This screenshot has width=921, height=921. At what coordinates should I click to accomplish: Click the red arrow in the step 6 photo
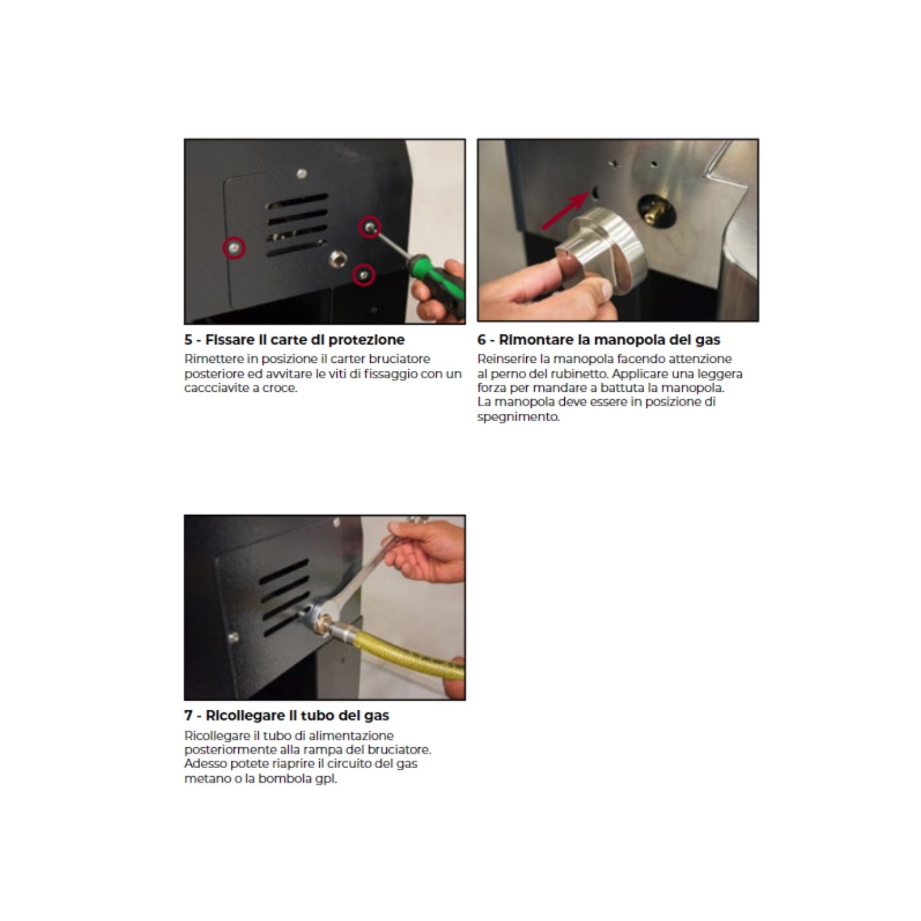click(x=565, y=211)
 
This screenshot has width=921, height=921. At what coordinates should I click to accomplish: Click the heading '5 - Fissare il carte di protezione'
click(x=295, y=340)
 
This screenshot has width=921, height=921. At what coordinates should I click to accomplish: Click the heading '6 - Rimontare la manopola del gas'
click(x=599, y=340)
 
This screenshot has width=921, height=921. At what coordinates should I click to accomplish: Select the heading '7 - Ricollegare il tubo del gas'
click(x=287, y=715)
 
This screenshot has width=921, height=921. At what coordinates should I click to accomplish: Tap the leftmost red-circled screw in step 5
click(x=233, y=247)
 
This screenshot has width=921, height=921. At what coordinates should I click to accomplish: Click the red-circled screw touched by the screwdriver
click(x=370, y=227)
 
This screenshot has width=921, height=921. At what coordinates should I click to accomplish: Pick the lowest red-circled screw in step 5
click(x=364, y=274)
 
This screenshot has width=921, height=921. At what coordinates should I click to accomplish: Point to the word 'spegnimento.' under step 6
click(x=519, y=417)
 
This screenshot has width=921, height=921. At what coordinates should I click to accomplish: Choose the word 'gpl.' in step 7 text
click(x=326, y=779)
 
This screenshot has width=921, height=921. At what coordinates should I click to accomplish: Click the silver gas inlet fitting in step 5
click(x=337, y=258)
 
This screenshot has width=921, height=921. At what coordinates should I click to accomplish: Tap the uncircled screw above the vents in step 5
click(x=301, y=174)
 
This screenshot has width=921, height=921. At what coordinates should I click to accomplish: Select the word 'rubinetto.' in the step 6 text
click(x=580, y=374)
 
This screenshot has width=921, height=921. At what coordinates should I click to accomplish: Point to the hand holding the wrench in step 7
click(x=427, y=551)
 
